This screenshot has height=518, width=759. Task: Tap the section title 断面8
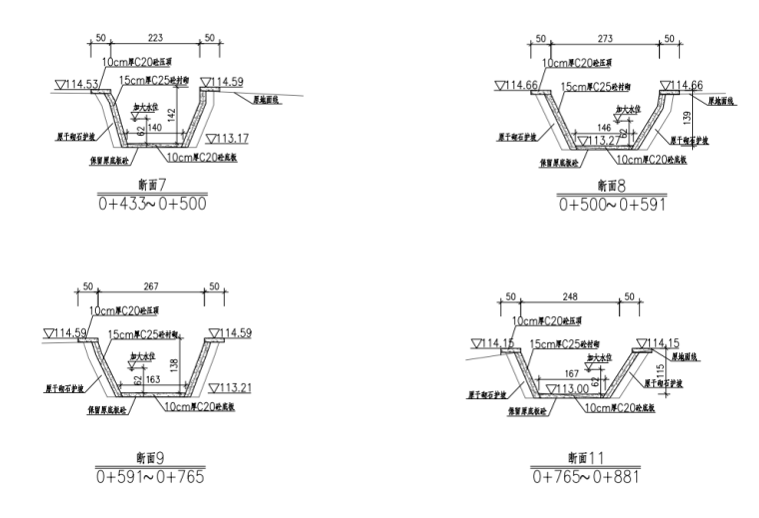[x=607, y=187]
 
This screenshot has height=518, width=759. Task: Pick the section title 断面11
[x=589, y=458]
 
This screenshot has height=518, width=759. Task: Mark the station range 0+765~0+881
[x=588, y=475]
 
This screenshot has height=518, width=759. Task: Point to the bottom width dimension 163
[x=155, y=379]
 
